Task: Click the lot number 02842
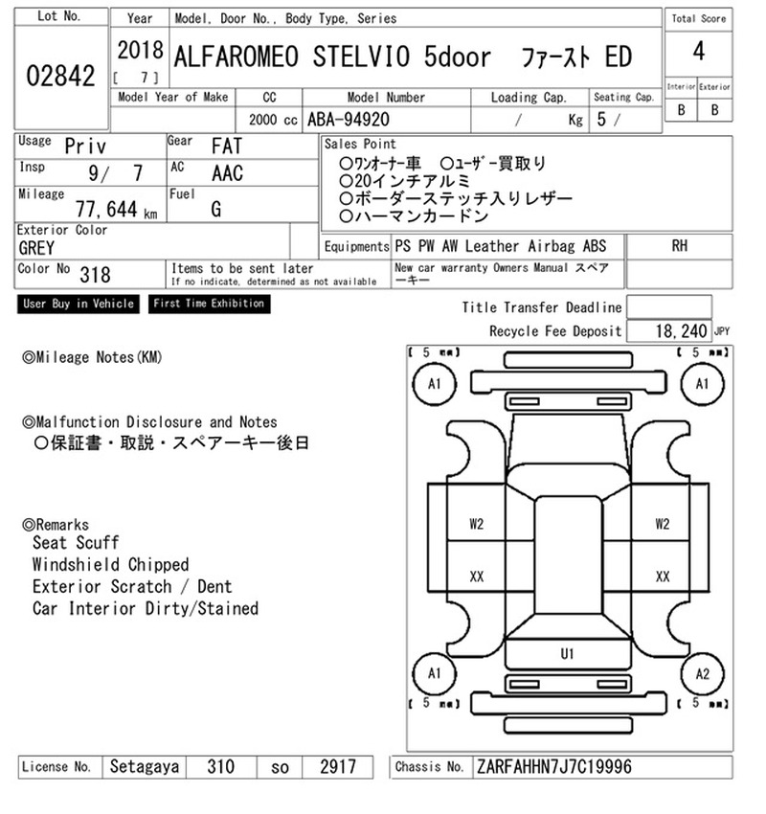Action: (60, 76)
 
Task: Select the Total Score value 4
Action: (699, 52)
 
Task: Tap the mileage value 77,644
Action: (106, 209)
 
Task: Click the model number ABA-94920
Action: (349, 120)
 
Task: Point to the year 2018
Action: (140, 51)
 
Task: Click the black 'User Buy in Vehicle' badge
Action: (79, 304)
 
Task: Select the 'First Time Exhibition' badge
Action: (209, 304)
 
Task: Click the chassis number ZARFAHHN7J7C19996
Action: (554, 767)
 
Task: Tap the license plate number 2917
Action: (338, 767)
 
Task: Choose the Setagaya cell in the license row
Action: (145, 767)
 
